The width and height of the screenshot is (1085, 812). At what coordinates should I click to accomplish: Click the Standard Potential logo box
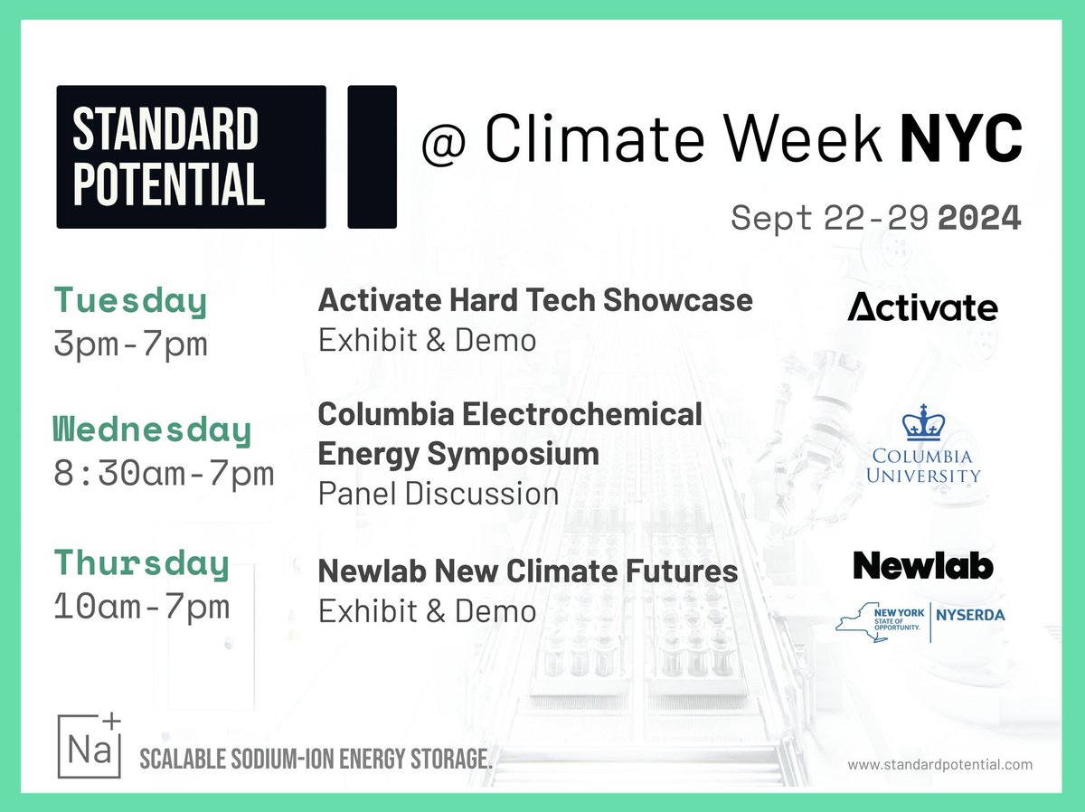(191, 156)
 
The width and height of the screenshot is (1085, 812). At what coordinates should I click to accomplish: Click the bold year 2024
(980, 218)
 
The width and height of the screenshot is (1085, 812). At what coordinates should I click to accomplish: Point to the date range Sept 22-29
(830, 218)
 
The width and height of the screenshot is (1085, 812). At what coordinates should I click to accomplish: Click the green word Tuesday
(131, 302)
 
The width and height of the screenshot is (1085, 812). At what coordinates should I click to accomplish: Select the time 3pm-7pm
(131, 344)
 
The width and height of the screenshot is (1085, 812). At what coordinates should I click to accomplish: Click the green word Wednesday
(152, 431)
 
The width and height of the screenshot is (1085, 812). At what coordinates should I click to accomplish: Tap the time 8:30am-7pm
(164, 473)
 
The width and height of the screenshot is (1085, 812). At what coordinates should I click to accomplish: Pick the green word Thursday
(141, 562)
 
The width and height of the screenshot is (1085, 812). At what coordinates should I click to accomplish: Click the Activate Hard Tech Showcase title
(535, 300)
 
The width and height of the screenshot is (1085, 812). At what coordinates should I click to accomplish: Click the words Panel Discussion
(438, 494)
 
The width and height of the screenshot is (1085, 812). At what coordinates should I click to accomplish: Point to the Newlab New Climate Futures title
(527, 571)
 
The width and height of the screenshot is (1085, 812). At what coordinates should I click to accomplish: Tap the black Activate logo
(922, 308)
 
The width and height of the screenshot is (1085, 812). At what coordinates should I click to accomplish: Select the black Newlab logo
(922, 566)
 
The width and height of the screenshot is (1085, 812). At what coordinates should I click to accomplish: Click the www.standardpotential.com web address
(939, 765)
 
